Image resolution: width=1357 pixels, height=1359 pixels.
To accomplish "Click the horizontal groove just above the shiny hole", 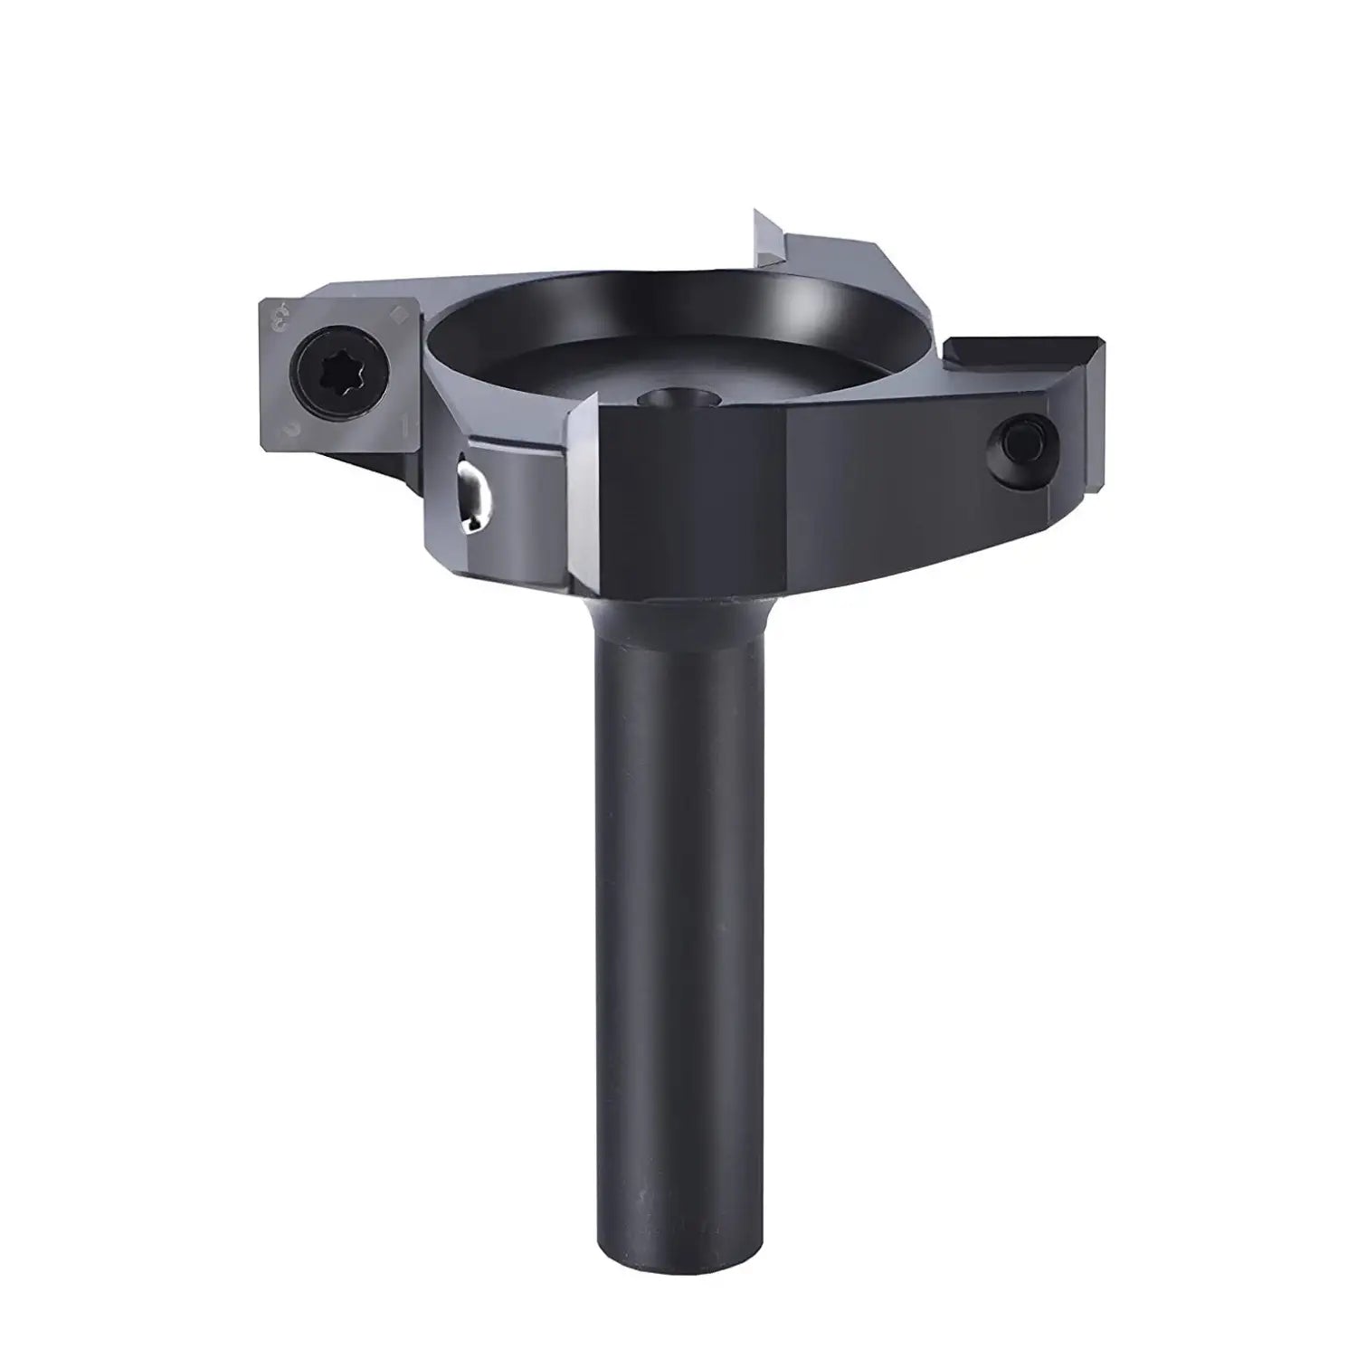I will tap(507, 448).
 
